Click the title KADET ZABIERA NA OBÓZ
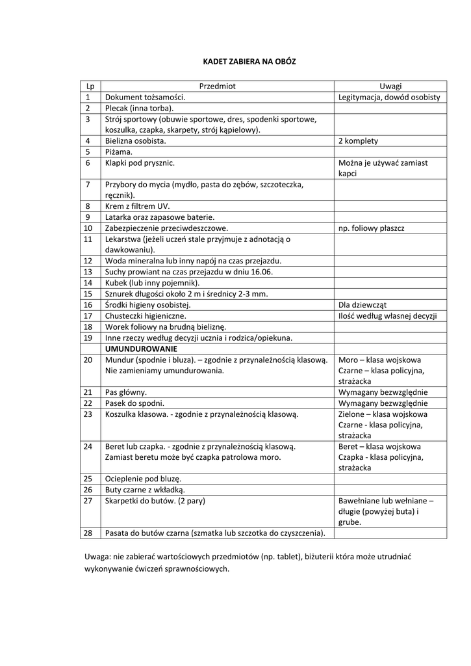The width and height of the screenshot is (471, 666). tap(240, 61)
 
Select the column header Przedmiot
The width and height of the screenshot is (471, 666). tap(218, 86)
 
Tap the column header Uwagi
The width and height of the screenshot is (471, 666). tap(390, 86)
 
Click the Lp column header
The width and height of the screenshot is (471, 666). tap(90, 86)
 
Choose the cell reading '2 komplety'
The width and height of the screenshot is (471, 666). tap(358, 140)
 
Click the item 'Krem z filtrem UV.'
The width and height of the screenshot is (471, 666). tap(137, 206)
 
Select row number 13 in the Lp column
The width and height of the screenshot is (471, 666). tap(89, 271)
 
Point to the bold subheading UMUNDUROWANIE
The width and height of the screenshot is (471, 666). tap(136, 349)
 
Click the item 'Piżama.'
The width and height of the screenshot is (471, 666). tap(118, 152)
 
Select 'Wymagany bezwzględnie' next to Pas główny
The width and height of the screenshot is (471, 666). tap(383, 392)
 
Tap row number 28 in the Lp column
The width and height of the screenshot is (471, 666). tap(89, 533)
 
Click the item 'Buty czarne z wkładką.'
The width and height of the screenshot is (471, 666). tap(145, 489)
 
